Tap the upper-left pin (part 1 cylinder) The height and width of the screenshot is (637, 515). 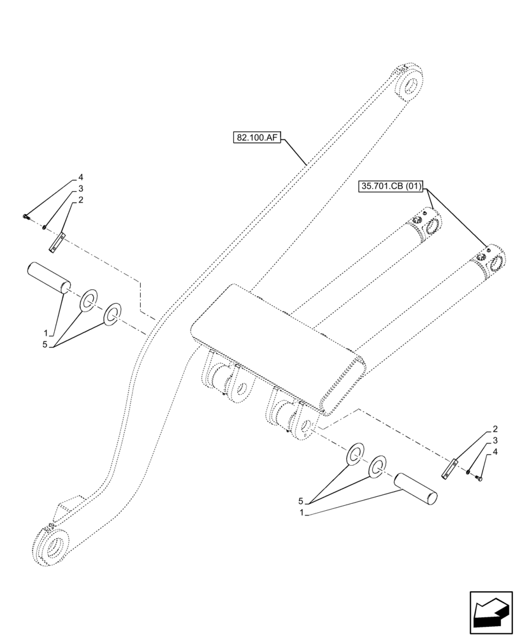click(48, 279)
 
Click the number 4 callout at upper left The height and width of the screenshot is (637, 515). click(81, 176)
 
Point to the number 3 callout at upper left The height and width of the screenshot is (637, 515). click(81, 189)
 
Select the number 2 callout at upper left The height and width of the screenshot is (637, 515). click(81, 201)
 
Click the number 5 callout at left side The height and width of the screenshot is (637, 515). click(45, 345)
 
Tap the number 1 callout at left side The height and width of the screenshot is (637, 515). click(45, 333)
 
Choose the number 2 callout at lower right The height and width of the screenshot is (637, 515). click(495, 429)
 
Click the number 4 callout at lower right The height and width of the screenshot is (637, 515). click(495, 452)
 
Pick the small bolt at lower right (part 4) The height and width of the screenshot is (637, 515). click(480, 476)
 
